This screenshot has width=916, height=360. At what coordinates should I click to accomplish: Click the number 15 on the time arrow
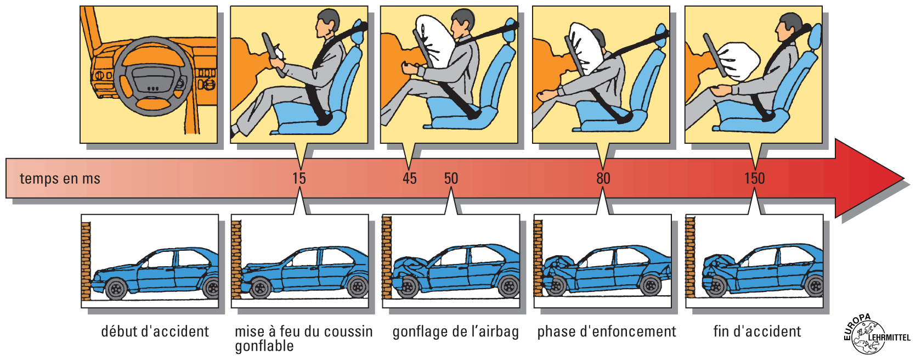click(x=299, y=178)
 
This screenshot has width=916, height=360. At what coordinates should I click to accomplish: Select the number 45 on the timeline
click(x=409, y=178)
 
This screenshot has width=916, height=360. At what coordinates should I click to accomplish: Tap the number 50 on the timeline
click(x=451, y=178)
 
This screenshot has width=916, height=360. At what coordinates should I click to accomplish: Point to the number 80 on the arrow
click(x=603, y=178)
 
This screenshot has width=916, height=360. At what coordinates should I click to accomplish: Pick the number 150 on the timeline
click(x=755, y=178)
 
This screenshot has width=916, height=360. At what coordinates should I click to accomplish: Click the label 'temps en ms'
click(x=60, y=179)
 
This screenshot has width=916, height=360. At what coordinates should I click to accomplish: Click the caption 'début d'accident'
click(x=155, y=331)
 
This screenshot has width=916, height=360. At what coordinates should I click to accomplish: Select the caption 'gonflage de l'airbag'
click(x=456, y=332)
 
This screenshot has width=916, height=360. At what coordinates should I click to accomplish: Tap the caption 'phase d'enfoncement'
click(x=607, y=332)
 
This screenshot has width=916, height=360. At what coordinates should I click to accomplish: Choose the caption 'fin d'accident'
click(x=757, y=331)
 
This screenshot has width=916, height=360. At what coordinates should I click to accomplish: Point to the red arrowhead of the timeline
click(x=869, y=178)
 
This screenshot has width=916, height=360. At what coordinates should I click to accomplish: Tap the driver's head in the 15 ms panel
click(x=327, y=23)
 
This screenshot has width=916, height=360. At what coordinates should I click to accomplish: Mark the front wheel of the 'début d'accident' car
click(x=116, y=289)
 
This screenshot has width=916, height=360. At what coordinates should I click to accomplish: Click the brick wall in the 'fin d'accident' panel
click(x=691, y=257)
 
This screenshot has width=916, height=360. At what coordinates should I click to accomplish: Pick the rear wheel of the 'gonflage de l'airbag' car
click(x=508, y=286)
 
